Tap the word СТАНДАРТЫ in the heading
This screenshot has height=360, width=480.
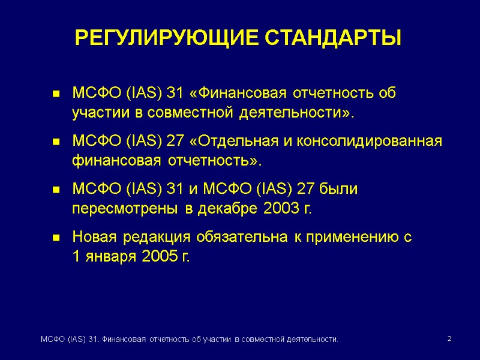tap(334, 38)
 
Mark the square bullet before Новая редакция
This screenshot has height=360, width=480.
tap(56, 238)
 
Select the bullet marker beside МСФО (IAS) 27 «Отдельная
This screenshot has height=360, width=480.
tap(56, 142)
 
